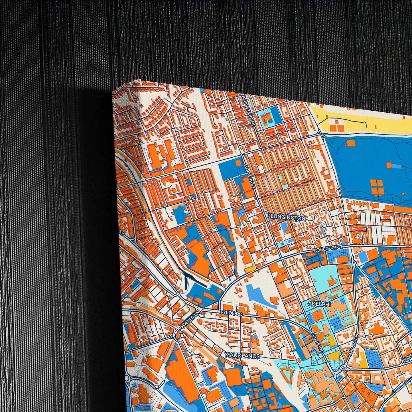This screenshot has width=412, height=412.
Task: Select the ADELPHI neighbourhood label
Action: [319, 304]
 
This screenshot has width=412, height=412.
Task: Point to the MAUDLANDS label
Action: [242, 356]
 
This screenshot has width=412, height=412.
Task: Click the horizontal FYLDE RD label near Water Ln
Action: [231, 313]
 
